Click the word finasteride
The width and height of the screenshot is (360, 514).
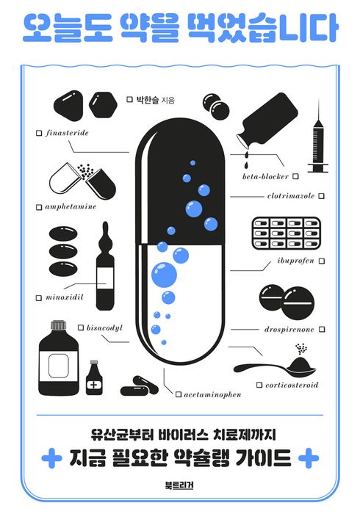67,133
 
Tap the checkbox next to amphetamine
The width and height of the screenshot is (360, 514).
39,207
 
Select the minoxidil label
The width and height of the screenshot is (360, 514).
64,297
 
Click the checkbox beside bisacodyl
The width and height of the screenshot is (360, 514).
81,327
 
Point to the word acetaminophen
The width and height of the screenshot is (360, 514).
212,394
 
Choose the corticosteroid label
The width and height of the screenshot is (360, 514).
292,385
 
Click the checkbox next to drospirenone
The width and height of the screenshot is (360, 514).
322,329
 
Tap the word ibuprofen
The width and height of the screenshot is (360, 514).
296,261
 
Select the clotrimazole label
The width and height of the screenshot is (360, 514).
291,196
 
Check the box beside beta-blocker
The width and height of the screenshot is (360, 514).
295,176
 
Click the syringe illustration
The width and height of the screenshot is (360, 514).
318,136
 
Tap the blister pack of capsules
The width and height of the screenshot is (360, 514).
286,234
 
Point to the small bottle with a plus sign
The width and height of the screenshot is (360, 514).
94,378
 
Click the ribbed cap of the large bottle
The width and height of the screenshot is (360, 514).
58,325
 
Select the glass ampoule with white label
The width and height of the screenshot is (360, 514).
105,266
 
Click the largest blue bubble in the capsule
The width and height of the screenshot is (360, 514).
164,275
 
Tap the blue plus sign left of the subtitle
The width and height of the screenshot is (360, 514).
51,458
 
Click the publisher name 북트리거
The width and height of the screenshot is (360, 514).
179,485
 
